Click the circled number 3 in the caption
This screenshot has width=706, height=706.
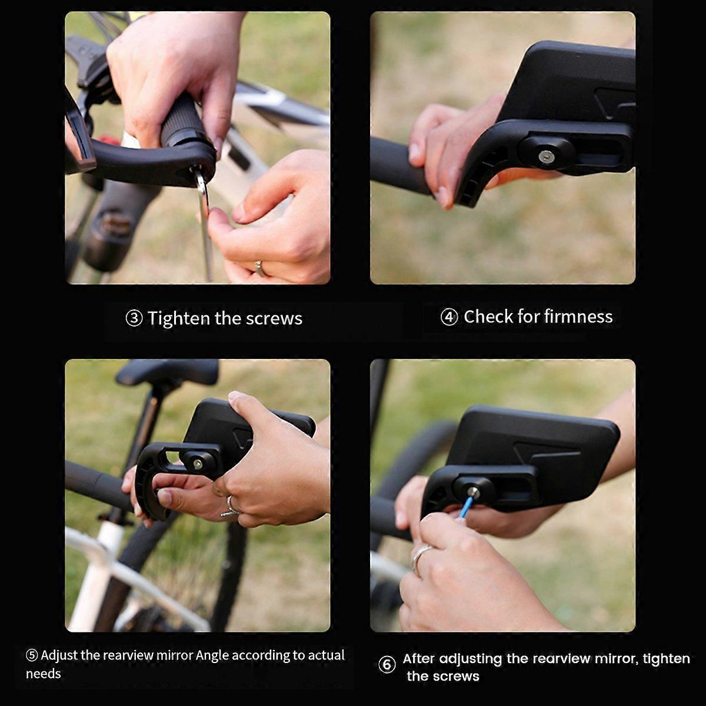point(134,318)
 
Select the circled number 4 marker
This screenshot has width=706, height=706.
point(449,317)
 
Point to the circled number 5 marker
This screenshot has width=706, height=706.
point(32,655)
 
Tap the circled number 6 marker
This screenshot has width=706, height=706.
point(387,665)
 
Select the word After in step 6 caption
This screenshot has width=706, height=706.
point(418,658)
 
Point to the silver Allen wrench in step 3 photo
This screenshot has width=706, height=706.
point(205,224)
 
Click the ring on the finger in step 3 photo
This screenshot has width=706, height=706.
point(259,268)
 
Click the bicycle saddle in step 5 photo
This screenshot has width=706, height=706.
point(168,372)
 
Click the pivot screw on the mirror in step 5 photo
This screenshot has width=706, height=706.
point(198,464)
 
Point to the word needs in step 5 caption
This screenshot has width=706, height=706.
point(44,674)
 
